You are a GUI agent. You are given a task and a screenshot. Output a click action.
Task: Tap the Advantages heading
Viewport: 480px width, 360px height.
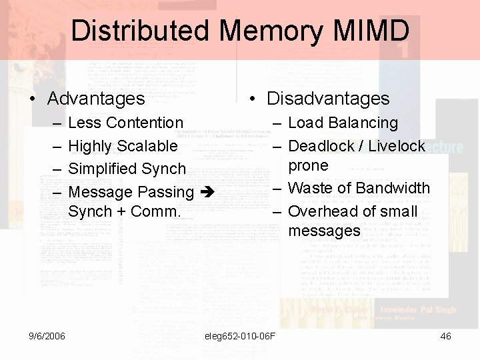tap(96, 99)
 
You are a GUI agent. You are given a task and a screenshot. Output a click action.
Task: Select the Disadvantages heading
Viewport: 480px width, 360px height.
tap(328, 99)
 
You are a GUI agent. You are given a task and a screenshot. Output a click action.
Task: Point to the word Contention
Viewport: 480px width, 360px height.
tap(145, 123)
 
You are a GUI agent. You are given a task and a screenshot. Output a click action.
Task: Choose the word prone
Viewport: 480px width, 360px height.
tap(308, 165)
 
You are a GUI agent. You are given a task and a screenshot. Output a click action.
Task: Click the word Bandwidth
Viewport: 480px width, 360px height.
tap(392, 188)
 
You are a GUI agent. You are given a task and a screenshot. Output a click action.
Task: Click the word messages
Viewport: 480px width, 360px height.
tap(324, 231)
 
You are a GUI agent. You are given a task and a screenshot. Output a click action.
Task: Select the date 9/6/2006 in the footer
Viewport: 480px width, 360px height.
tap(47, 336)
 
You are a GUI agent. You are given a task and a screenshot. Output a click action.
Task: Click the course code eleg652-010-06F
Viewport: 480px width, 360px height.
tap(241, 336)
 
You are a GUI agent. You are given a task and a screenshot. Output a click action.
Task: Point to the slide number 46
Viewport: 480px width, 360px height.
tap(445, 336)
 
